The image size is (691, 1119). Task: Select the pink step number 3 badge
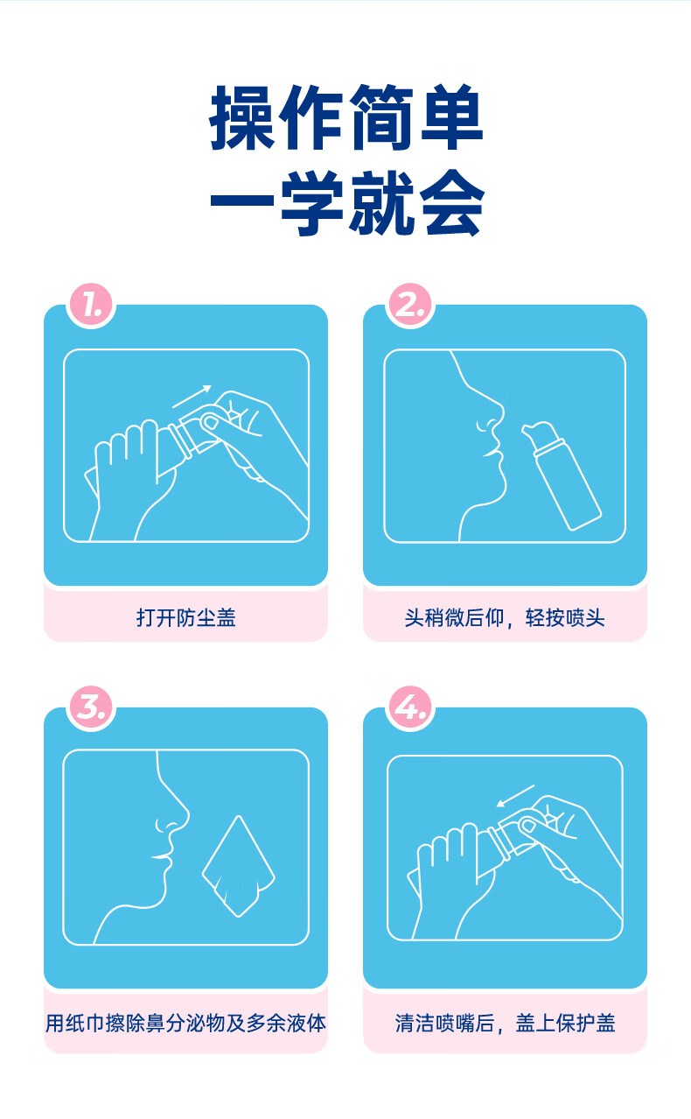coord(91,707)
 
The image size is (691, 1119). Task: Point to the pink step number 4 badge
coord(410,707)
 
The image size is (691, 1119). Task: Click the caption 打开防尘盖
coord(185,617)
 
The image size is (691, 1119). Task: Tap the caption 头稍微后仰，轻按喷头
coord(505,617)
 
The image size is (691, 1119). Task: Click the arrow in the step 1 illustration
coord(192,396)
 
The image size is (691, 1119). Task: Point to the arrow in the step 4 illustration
coord(515,795)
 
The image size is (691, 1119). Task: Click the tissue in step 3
coord(239,866)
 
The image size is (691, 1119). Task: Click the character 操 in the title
coord(242,117)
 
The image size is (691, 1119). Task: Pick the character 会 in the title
coord(452,202)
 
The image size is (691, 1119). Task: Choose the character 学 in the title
coord(312,202)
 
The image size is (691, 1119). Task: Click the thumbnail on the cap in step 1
coord(211,423)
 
